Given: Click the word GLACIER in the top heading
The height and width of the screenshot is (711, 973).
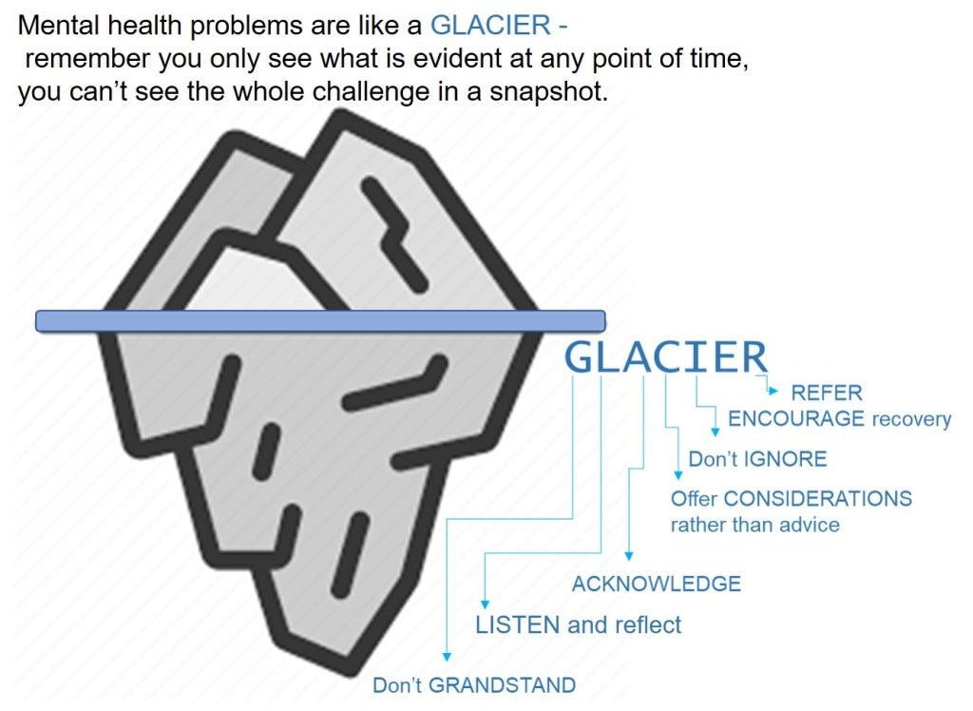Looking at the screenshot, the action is (x=490, y=26).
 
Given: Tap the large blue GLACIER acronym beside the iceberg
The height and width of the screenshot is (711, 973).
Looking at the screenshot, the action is (x=666, y=357).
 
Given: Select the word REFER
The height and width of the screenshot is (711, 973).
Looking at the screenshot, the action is (x=827, y=393).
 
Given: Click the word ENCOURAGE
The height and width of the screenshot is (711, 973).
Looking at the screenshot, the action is (x=796, y=418).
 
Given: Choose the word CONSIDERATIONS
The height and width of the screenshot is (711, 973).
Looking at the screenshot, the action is (x=818, y=498).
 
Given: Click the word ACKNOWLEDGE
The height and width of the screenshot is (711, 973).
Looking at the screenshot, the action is (x=657, y=584).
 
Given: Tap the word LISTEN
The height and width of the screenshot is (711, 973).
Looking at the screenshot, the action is (x=518, y=625).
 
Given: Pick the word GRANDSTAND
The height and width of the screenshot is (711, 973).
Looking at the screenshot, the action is (x=502, y=685).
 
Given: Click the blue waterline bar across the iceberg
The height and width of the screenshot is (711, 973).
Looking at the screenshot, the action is (x=320, y=321).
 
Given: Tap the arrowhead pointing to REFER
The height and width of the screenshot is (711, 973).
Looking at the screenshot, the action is (x=773, y=391).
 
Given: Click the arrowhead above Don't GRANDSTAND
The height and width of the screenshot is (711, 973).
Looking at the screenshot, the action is (x=447, y=657).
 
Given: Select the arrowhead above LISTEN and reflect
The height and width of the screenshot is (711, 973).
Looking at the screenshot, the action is (x=486, y=605).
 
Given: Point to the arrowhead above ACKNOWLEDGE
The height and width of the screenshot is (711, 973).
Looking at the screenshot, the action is (x=629, y=556).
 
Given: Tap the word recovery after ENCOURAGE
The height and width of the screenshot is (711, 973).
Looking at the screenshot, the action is (x=911, y=419).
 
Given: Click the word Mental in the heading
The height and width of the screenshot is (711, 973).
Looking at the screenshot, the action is (x=59, y=26).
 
